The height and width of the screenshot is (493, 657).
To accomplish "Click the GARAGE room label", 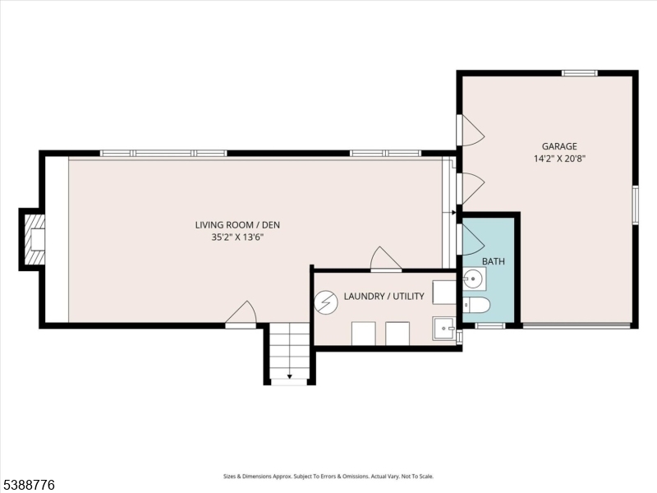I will [x=558, y=146].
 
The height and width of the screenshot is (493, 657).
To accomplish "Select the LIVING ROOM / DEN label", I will [x=242, y=224].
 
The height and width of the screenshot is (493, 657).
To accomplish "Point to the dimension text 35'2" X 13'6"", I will [x=242, y=237].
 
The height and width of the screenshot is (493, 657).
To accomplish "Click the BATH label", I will [x=493, y=261].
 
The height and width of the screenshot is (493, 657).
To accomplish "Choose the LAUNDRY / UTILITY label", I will [x=384, y=296].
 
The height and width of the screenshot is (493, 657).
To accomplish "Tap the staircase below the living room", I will [x=289, y=353].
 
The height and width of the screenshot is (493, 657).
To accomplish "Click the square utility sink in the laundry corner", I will [x=444, y=329].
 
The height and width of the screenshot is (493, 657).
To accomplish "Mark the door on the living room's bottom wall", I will [x=241, y=316].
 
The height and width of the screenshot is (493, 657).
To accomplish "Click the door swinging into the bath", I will [x=472, y=240].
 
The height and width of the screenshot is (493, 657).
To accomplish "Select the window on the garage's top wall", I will [x=579, y=73].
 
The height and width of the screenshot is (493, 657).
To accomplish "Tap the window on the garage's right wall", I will [x=635, y=205].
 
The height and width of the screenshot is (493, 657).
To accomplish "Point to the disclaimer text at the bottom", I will [x=328, y=476].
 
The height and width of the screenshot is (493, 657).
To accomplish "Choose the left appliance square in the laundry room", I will [x=364, y=334].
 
